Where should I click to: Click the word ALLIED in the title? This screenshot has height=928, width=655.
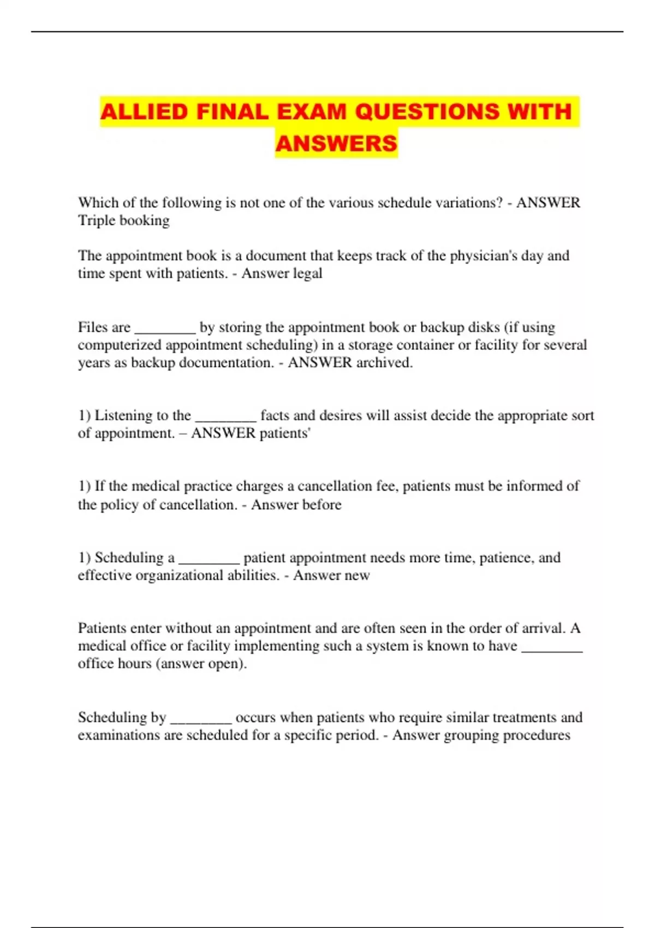(144, 112)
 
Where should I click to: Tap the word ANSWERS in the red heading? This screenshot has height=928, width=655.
(336, 144)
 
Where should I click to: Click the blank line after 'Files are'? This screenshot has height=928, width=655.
(165, 329)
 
